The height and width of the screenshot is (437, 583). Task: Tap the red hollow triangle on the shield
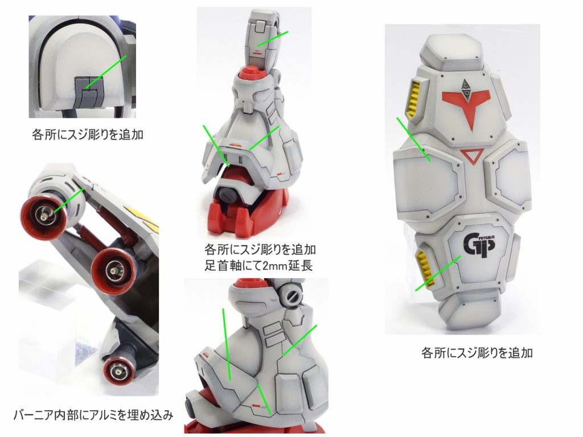pyautogui.click(x=472, y=155)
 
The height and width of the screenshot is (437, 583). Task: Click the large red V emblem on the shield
pyautogui.click(x=467, y=105)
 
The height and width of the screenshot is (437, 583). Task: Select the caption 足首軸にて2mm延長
pyautogui.click(x=259, y=265)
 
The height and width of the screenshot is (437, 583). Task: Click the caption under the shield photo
pyautogui.click(x=477, y=352)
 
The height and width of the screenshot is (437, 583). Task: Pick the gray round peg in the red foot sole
pyautogui.click(x=227, y=193)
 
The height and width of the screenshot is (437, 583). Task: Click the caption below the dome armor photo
pyautogui.click(x=88, y=134)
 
